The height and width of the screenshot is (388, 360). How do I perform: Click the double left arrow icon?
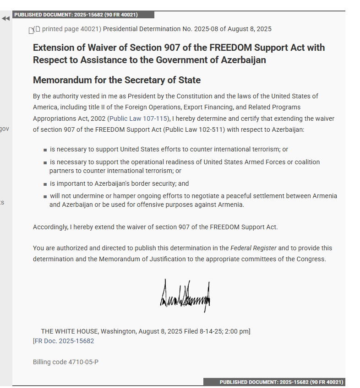click(5, 19)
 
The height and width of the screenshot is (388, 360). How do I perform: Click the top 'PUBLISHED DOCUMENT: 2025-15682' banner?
click(76, 15)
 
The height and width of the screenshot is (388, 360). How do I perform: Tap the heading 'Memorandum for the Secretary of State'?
click(117, 80)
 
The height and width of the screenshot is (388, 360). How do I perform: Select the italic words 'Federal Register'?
click(253, 248)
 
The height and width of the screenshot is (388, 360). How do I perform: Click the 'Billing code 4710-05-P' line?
click(65, 362)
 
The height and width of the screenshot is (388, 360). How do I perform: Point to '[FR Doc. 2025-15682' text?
click(63, 341)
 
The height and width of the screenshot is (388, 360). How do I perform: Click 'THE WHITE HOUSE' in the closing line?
click(69, 331)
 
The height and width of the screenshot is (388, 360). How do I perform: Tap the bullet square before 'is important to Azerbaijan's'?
click(45, 184)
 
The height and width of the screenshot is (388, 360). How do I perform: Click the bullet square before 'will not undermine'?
click(45, 196)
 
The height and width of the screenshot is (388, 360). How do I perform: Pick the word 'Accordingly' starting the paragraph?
click(50, 227)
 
